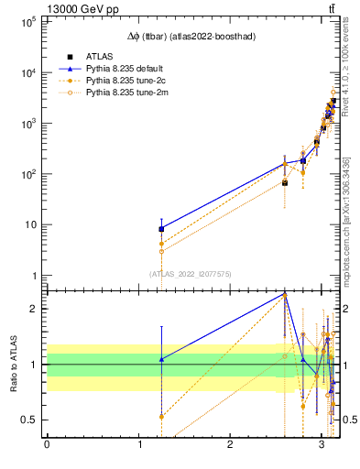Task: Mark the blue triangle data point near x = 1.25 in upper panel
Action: coord(161,229)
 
